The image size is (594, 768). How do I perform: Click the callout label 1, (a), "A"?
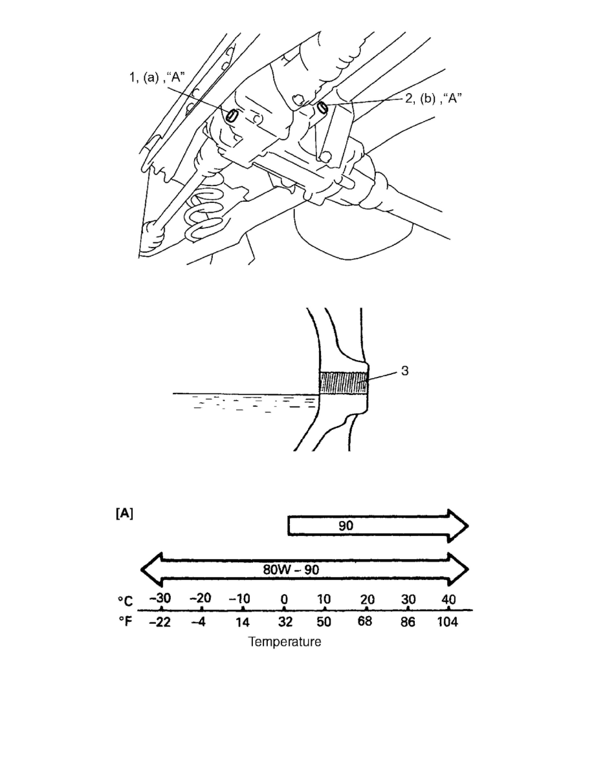pos(157,78)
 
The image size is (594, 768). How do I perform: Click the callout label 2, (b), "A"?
pos(434,98)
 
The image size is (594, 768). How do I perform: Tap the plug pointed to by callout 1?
pos(232,115)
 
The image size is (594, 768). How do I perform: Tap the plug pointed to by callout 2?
pos(322,106)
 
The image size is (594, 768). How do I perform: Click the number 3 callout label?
pos(405,371)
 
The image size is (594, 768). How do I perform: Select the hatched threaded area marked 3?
pos(344,383)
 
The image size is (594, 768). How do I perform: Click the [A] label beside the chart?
pos(124,513)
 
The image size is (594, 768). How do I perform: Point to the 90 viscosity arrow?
pos(378,526)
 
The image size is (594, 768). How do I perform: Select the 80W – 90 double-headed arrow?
pos(305,570)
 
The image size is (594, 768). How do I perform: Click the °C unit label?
pos(125,601)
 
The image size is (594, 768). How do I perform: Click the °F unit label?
pos(125,621)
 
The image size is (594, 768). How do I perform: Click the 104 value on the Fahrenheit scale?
pos(447,621)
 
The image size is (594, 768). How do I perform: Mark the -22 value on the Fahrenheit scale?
pos(160,622)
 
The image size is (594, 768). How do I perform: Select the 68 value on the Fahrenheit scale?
pos(365,621)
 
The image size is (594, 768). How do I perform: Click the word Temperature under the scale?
pos(285,642)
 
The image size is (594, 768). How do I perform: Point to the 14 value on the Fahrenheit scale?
pos(242,622)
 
